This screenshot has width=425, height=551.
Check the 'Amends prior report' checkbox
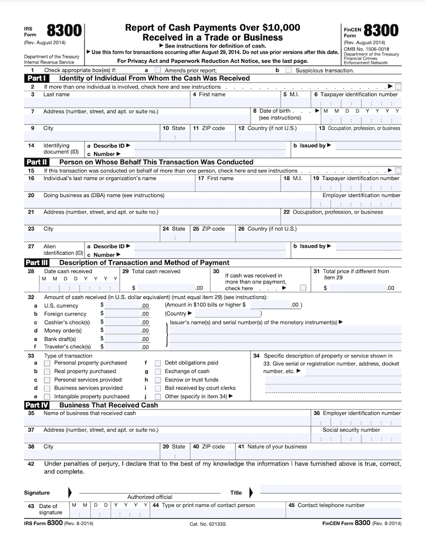pos(157,70)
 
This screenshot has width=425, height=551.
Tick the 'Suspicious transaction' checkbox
pos(289,70)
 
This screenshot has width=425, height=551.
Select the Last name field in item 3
pos(108,103)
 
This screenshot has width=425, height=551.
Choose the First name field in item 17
pos(238,186)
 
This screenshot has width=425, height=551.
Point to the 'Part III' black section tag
pos(37,263)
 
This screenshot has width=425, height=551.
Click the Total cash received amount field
pos(164,288)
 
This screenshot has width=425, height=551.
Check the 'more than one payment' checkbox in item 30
pos(303,288)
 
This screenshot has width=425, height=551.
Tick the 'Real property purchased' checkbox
pos(47,371)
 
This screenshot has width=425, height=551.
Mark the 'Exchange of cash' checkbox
pos(158,371)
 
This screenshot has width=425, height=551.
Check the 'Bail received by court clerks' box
pos(158,388)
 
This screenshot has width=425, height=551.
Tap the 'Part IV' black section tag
pos(37,405)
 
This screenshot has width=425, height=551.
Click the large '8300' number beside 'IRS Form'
pos(65,31)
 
